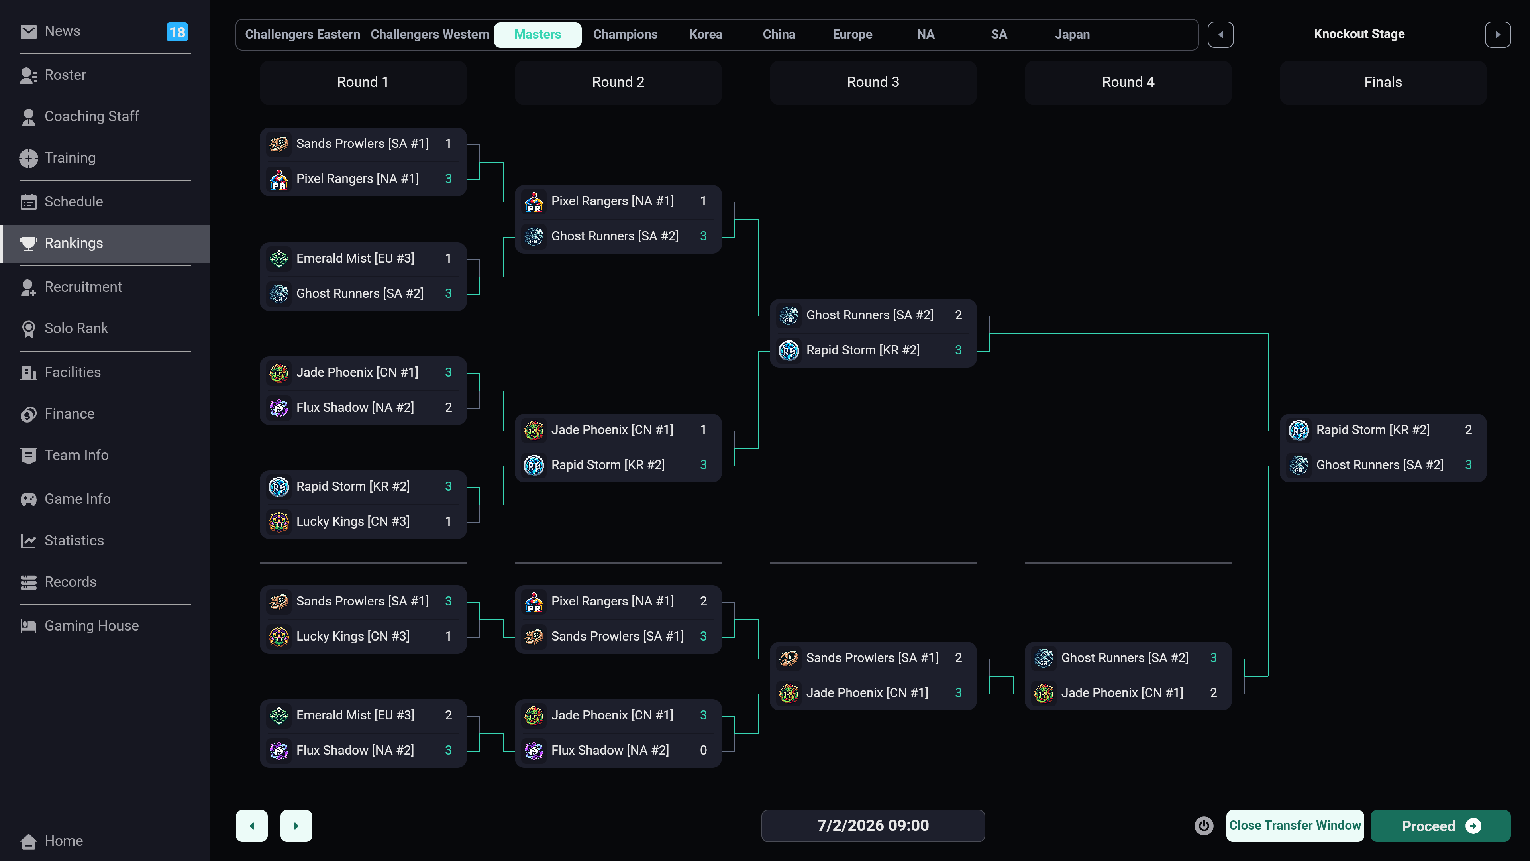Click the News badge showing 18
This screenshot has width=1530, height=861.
[x=177, y=32]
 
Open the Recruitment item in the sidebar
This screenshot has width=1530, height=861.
[x=83, y=287]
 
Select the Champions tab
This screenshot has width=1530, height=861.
[x=625, y=34]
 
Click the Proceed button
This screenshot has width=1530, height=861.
[x=1440, y=826]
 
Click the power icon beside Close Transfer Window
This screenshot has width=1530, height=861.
[x=1203, y=826]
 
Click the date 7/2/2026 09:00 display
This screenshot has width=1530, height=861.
[x=873, y=826]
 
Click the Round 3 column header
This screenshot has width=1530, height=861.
[x=873, y=82]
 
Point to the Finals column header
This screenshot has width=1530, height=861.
[x=1382, y=82]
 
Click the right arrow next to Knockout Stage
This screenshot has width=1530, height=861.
[x=1497, y=34]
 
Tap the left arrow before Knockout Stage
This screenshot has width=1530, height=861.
[x=1220, y=34]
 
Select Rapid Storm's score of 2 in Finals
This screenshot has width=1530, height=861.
[x=1467, y=430]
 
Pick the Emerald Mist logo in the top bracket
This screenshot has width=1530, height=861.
[x=279, y=258]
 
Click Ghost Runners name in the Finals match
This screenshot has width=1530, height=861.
[x=1379, y=465]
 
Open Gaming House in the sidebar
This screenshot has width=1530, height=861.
[x=92, y=626]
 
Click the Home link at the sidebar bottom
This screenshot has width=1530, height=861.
[x=64, y=841]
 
